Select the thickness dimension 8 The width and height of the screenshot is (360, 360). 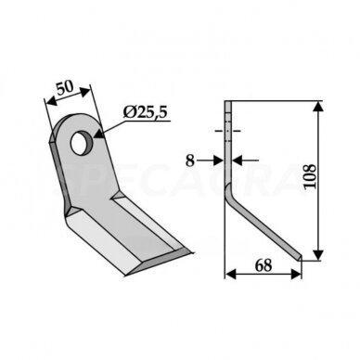[x=190, y=160]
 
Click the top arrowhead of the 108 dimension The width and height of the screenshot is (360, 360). [x=319, y=105]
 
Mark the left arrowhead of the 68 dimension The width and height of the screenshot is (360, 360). [x=229, y=274]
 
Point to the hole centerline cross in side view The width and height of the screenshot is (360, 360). [x=227, y=130]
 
